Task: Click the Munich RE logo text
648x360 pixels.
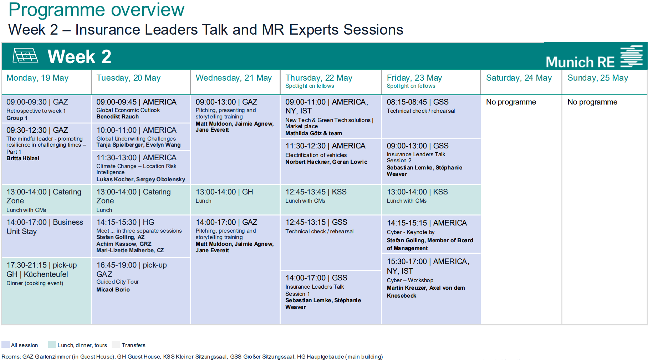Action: click(580, 62)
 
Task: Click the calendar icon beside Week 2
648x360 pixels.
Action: click(25, 56)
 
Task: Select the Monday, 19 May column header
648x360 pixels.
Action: click(37, 78)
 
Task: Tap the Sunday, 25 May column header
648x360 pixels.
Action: click(598, 78)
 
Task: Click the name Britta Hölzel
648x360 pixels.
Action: click(23, 158)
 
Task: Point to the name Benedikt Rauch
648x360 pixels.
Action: click(117, 117)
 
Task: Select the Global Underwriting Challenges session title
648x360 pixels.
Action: click(136, 138)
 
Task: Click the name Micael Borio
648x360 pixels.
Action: click(113, 290)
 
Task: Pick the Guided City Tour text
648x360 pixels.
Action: click(117, 282)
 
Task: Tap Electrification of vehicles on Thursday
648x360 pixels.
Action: click(316, 155)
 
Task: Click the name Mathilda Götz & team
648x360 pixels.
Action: click(313, 133)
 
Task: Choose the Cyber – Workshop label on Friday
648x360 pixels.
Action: click(410, 280)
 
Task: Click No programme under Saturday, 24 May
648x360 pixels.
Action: click(511, 102)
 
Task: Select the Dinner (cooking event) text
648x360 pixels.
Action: click(35, 283)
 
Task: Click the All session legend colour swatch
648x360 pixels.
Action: click(5, 345)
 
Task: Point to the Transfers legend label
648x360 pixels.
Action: click(133, 345)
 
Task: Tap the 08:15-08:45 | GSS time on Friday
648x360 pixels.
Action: click(418, 102)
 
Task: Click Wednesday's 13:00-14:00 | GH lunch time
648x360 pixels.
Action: click(224, 192)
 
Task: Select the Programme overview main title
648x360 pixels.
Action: click(96, 10)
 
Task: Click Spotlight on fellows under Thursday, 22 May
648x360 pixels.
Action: click(310, 86)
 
